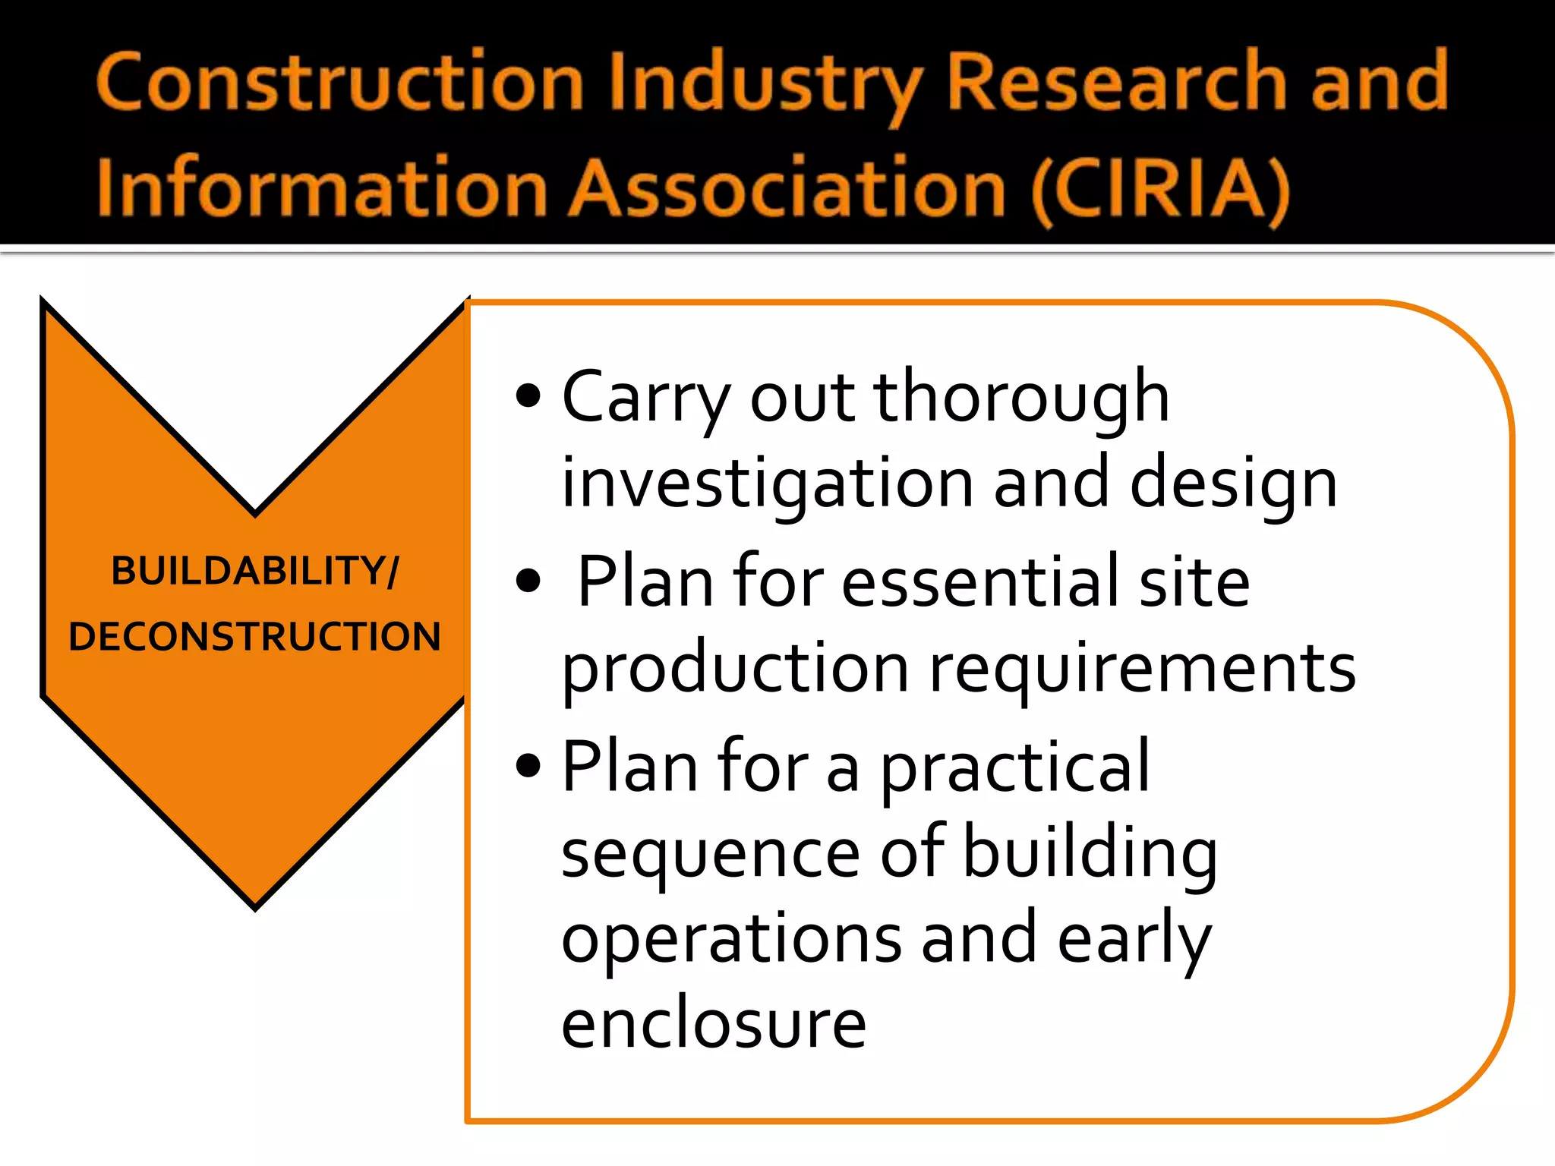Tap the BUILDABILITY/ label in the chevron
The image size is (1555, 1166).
(x=254, y=571)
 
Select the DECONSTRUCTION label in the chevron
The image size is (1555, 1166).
(x=254, y=636)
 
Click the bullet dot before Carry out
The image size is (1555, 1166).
(x=528, y=396)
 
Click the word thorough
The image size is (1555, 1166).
(x=1021, y=398)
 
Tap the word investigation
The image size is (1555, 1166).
(x=767, y=484)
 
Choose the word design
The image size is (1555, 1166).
(x=1233, y=484)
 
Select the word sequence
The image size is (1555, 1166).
(x=710, y=855)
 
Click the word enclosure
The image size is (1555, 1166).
(x=714, y=1023)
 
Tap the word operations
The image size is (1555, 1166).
(x=731, y=938)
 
